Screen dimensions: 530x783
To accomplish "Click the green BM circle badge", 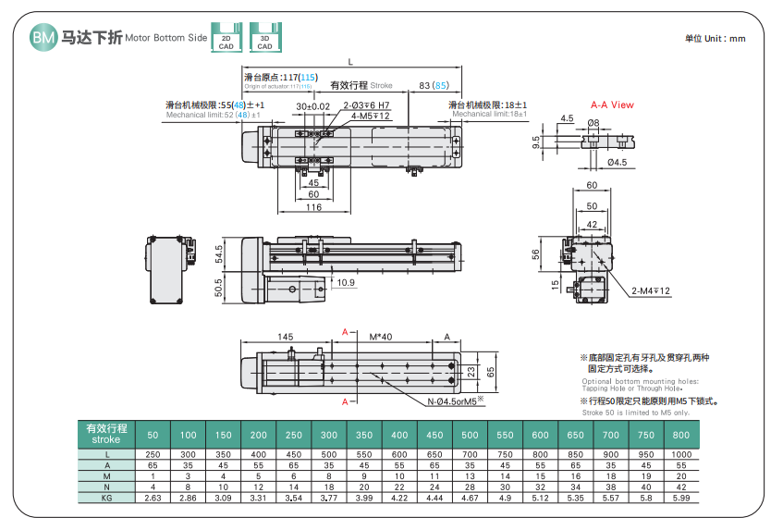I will [43, 37].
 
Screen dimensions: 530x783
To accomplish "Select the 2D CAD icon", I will [226, 36].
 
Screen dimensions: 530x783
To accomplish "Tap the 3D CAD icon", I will [264, 36].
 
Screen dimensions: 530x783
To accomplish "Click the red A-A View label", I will [612, 105].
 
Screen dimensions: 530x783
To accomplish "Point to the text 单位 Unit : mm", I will [715, 38].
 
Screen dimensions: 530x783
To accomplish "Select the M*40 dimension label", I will [380, 337].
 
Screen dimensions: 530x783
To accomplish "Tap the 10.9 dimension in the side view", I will [346, 282].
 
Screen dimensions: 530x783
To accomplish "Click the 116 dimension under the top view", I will [313, 208].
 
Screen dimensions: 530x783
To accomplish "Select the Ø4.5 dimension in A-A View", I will [617, 163].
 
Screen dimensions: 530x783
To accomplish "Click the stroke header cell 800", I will [681, 435].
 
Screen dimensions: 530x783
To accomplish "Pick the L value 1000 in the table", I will [681, 454].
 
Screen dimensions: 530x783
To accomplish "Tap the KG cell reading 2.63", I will [153, 499].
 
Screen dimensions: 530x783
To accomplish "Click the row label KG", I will [106, 499].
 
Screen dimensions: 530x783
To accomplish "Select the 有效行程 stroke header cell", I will [106, 434].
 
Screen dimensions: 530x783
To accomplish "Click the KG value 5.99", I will [681, 499].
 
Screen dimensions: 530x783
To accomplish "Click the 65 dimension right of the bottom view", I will [492, 371].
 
